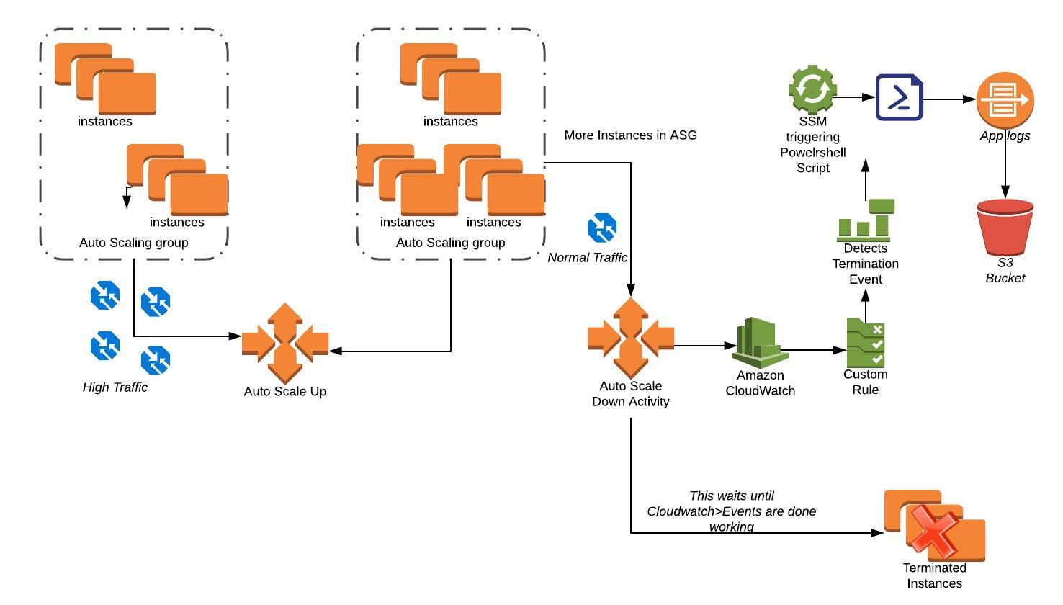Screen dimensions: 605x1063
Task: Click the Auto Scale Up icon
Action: [x=285, y=343]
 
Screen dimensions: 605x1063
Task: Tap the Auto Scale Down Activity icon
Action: [x=631, y=337]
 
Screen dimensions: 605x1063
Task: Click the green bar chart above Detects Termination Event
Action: [x=866, y=220]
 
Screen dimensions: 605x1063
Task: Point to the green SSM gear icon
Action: [x=812, y=90]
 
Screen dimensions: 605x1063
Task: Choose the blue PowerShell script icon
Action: [x=900, y=97]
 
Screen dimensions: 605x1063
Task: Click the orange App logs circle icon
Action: [x=1005, y=100]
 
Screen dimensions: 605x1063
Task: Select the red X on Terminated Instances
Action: [x=933, y=529]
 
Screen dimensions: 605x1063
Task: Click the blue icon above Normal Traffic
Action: [x=602, y=228]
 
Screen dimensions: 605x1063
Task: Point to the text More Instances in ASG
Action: [x=630, y=135]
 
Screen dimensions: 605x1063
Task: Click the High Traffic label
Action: [x=115, y=387]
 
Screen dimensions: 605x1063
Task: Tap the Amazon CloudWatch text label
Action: [x=760, y=383]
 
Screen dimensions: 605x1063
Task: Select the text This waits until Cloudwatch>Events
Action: [x=731, y=511]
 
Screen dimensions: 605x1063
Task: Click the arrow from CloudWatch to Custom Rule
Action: [x=814, y=350]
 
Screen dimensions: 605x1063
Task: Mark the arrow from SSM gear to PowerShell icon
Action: [x=856, y=97]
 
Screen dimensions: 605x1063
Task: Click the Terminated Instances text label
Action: [x=934, y=575]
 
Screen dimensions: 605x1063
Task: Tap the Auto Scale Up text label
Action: [x=285, y=392]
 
